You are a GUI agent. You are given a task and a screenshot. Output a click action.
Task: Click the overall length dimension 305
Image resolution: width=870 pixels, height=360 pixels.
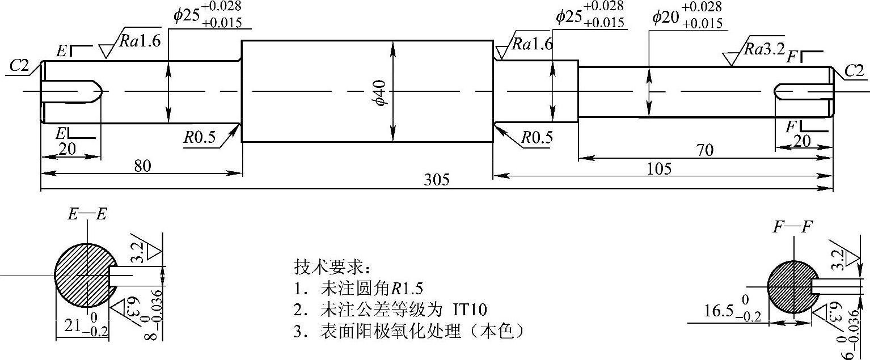(x=437, y=180)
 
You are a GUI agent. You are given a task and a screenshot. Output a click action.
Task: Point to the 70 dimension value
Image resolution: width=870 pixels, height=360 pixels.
(x=706, y=150)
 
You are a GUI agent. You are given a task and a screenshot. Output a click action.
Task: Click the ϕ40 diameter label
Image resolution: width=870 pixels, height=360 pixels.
(x=379, y=92)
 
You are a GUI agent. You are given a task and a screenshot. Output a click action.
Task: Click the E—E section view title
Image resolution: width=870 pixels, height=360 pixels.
(x=87, y=214)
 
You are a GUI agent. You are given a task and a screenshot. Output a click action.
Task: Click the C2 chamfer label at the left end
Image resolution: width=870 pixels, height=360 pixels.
(x=19, y=66)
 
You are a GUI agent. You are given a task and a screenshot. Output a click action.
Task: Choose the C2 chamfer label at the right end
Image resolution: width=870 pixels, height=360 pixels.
(x=854, y=70)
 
